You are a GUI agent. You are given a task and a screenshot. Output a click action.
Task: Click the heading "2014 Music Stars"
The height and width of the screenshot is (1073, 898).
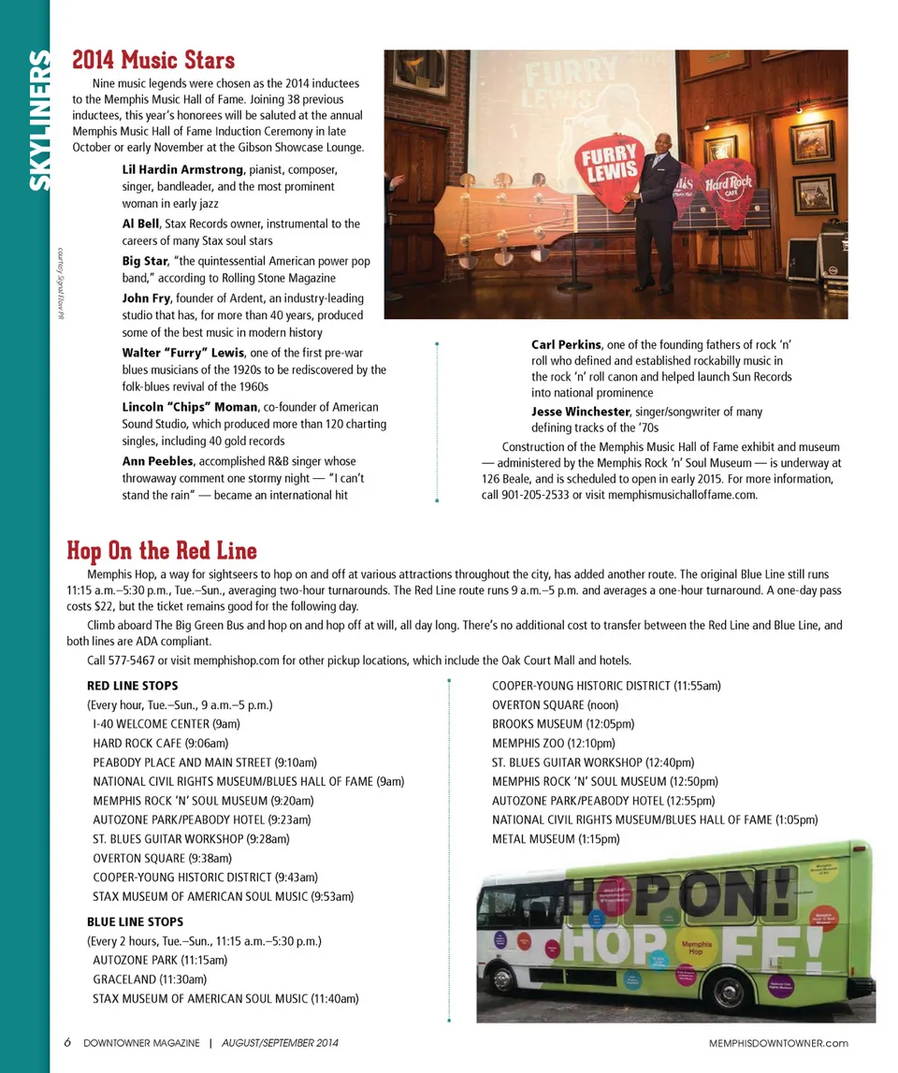(153, 61)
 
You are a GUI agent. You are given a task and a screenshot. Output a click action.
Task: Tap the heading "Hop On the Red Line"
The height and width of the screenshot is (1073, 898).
(162, 550)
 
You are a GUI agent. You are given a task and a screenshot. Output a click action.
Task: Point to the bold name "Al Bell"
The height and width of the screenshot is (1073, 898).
(140, 225)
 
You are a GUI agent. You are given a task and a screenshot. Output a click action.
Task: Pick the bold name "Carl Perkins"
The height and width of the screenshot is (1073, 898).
(567, 344)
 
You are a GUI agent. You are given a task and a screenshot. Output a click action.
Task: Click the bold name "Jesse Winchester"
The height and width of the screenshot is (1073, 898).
(580, 412)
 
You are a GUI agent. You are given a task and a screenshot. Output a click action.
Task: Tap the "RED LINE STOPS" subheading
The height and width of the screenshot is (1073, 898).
(132, 686)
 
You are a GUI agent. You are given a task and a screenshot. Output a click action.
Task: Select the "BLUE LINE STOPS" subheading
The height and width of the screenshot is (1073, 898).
(135, 921)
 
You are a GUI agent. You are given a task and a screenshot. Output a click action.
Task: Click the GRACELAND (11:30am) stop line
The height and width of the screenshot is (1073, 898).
(150, 979)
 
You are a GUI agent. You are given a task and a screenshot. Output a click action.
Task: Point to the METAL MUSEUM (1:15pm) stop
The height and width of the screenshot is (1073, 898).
(556, 839)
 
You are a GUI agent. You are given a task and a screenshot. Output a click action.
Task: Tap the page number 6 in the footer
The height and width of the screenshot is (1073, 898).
(68, 1043)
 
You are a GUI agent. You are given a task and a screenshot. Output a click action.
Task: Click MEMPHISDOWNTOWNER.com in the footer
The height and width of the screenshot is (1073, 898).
(778, 1043)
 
